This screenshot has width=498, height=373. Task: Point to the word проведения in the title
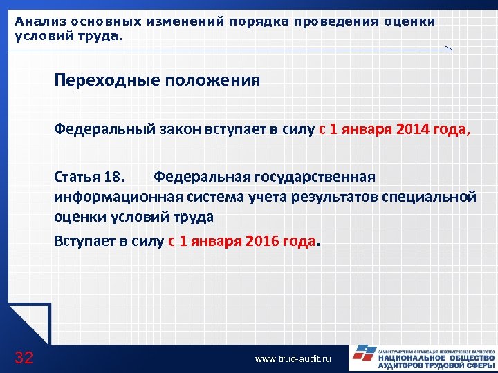(x=335, y=21)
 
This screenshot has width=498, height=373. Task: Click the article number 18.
(x=114, y=177)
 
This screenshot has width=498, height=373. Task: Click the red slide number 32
(x=24, y=357)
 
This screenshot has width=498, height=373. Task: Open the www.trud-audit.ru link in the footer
(x=293, y=358)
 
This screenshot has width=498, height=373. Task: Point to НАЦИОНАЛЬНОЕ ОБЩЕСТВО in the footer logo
(x=436, y=358)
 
